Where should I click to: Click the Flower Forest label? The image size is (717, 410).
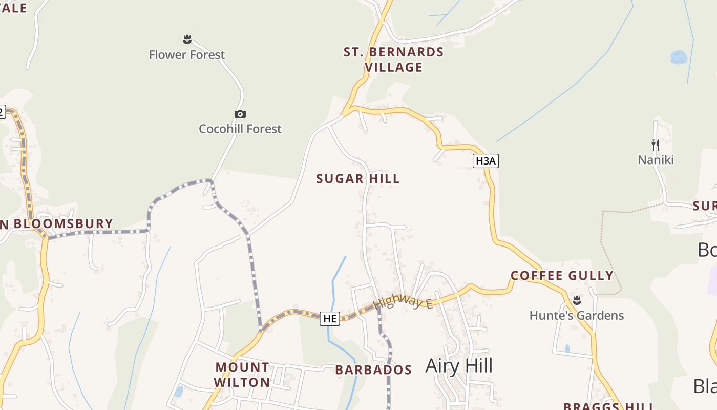[x=187, y=55]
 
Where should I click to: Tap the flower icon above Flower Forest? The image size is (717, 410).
[x=187, y=39]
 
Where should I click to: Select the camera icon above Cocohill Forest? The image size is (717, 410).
[x=240, y=114]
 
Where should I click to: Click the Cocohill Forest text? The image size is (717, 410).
[x=240, y=129]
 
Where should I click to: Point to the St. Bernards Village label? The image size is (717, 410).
[x=393, y=59]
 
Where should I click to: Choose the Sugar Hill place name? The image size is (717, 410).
[x=357, y=179]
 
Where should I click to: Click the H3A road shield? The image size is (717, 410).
[x=485, y=161]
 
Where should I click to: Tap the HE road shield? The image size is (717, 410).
[x=329, y=318]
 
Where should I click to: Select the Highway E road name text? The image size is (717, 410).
[x=403, y=302]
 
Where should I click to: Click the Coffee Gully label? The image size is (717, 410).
[x=562, y=276]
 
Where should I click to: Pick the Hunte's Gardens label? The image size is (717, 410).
[x=577, y=315]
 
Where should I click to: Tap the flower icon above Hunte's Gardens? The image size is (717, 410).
[x=577, y=300]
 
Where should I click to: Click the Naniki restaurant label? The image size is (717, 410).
[x=656, y=160]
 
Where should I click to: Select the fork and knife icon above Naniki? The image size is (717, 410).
[x=655, y=145]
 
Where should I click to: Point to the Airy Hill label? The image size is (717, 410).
[x=459, y=366]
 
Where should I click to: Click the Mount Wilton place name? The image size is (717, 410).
[x=242, y=375]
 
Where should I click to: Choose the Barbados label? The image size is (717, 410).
[x=373, y=370]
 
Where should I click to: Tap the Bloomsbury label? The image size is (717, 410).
[x=61, y=224]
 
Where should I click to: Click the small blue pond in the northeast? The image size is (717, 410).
[x=679, y=57]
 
